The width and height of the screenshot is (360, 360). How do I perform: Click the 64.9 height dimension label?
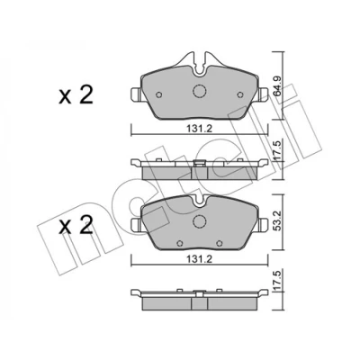tap(277, 85)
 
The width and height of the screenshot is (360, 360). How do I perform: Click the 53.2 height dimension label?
tap(277, 222)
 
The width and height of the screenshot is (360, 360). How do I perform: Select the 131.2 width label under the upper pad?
tap(200, 129)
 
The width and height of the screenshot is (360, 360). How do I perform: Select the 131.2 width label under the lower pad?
tap(200, 259)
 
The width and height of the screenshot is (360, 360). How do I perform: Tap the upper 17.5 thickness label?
tap(277, 151)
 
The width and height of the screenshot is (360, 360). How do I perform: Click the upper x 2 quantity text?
tap(76, 95)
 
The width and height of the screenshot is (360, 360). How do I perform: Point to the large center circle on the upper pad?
tap(199, 91)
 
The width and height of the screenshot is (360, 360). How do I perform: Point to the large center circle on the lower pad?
tap(198, 221)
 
